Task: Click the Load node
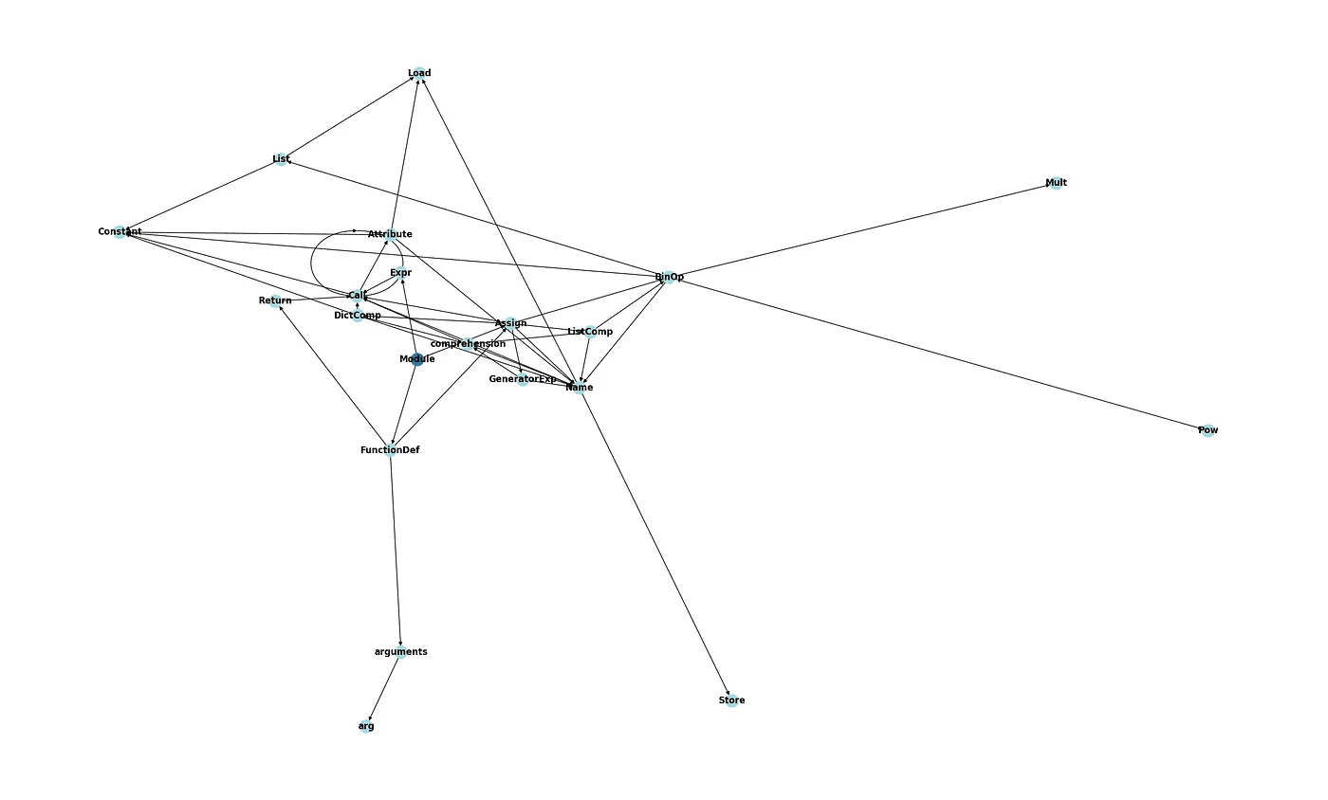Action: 418,73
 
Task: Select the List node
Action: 281,159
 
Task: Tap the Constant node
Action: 120,231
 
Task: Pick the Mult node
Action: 1056,183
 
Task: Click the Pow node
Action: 1208,430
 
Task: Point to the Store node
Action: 731,700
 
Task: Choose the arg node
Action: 366,726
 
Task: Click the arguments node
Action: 401,652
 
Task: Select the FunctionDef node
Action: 390,450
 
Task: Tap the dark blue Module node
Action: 417,359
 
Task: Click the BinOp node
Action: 669,277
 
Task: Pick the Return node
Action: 275,300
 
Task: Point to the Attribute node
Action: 390,234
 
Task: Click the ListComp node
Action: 590,332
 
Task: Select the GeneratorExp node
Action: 523,379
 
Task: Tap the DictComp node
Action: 358,315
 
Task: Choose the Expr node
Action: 401,273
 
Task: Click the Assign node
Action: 510,323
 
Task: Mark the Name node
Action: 579,387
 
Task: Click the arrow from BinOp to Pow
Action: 939,354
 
